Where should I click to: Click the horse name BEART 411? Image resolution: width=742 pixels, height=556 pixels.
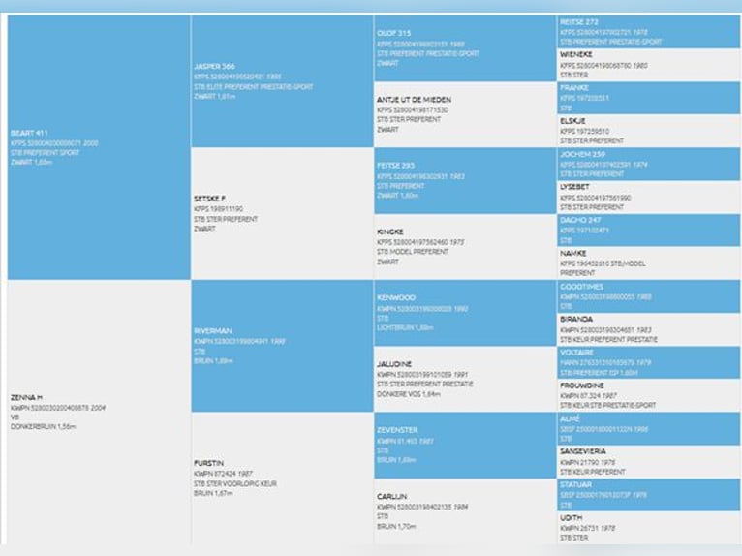[29, 133]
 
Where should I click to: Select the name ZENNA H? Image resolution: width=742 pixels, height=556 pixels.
[25, 397]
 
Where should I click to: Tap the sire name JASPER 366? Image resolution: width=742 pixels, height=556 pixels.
[215, 66]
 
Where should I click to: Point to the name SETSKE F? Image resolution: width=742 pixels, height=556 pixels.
[209, 199]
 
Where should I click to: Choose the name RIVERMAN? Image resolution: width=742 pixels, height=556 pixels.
[213, 330]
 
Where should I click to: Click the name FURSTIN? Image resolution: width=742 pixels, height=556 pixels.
[208, 463]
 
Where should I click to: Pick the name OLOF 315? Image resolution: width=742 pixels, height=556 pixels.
[394, 33]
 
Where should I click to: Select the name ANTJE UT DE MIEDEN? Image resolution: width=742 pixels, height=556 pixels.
[414, 100]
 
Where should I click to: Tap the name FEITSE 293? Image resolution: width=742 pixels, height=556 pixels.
[396, 166]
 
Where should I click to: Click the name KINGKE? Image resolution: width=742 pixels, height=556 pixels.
[390, 232]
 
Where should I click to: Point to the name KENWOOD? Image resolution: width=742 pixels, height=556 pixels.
[396, 297]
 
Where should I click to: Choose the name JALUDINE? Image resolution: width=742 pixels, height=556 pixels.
[394, 363]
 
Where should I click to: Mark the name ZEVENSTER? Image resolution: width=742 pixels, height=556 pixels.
[397, 429]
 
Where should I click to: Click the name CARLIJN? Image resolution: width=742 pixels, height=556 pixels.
[392, 496]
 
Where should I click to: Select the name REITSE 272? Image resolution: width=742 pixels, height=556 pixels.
[579, 21]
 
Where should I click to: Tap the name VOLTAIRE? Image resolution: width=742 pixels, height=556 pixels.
[576, 353]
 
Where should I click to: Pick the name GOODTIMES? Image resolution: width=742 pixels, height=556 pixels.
[582, 287]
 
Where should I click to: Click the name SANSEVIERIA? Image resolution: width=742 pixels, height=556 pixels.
[583, 451]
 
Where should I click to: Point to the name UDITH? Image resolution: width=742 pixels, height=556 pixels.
[572, 517]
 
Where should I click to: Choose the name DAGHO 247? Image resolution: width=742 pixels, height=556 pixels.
[579, 220]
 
